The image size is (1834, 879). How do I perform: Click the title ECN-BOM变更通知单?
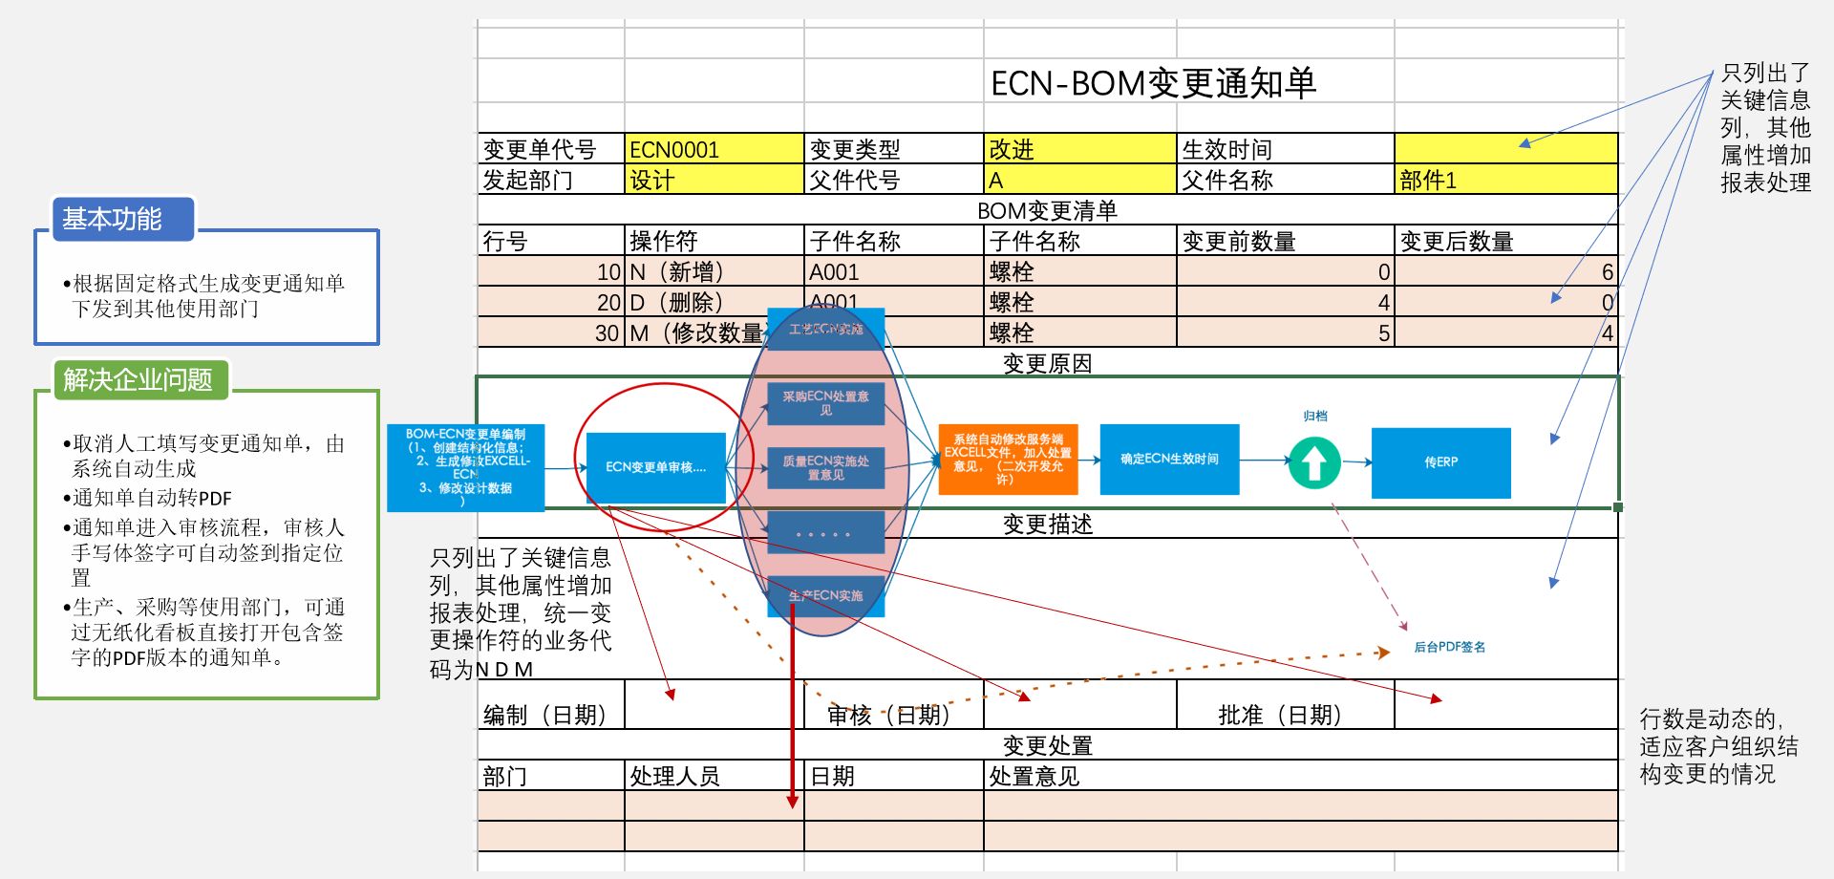(x=1153, y=84)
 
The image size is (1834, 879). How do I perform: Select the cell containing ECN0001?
(x=714, y=149)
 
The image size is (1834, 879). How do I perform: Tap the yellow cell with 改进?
(x=1078, y=149)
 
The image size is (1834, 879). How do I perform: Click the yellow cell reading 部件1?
(x=1504, y=180)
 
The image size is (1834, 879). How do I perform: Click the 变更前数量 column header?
(x=1284, y=241)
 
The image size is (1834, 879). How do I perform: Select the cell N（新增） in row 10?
(x=714, y=271)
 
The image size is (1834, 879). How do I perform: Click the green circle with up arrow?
(x=1314, y=462)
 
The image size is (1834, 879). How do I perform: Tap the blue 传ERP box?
(x=1440, y=462)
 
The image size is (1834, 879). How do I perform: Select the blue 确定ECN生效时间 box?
(x=1169, y=460)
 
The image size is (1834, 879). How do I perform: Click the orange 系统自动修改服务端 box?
(x=1008, y=460)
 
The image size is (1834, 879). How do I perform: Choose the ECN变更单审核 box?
(x=655, y=467)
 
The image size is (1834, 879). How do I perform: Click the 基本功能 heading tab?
(x=113, y=219)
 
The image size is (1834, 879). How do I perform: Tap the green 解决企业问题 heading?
(x=138, y=379)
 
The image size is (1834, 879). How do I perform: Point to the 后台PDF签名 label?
(x=1449, y=647)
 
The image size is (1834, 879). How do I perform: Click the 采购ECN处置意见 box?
(x=825, y=403)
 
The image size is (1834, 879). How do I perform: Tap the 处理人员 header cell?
(x=714, y=776)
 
